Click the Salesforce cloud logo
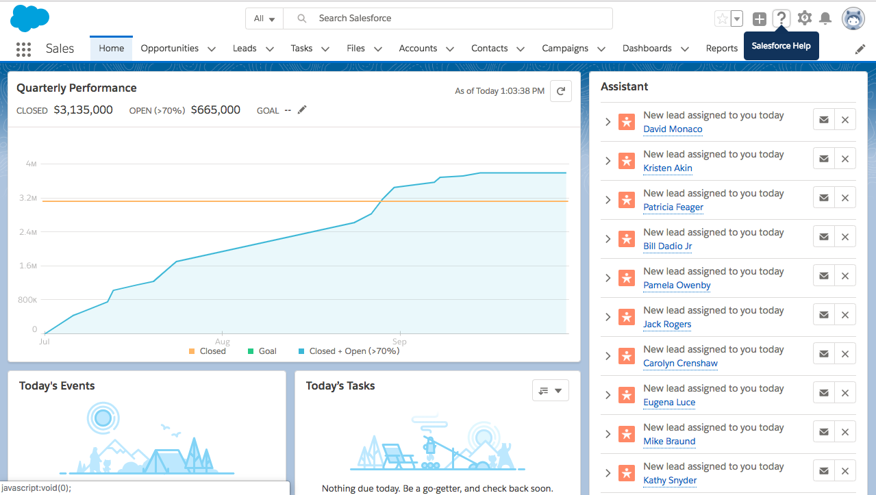point(29,18)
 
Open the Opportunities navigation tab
point(170,49)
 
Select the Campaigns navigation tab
point(565,49)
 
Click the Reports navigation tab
point(721,49)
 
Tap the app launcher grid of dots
point(23,49)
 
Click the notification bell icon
point(825,18)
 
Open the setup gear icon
point(804,18)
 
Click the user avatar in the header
point(853,18)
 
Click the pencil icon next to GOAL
point(302,110)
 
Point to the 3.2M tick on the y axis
point(28,198)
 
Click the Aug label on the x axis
point(222,341)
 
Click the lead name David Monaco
point(673,129)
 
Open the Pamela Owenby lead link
point(677,285)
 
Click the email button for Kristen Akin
point(824,159)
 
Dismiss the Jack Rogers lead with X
point(844,315)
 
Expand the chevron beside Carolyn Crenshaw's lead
point(608,356)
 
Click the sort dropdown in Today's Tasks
point(550,390)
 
